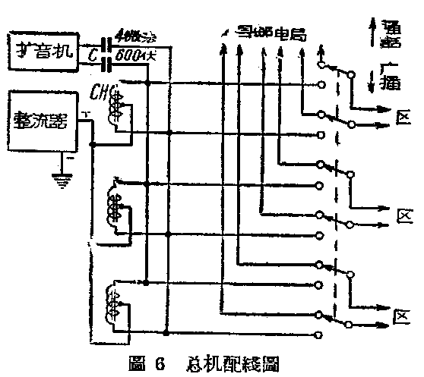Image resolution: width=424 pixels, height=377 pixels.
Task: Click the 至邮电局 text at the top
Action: (262, 35)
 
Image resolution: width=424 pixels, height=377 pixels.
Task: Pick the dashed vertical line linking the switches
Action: (335, 190)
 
